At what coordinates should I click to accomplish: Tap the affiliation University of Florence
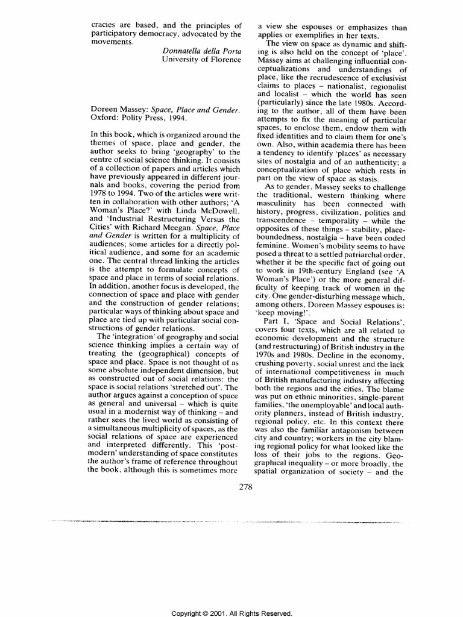click(x=202, y=61)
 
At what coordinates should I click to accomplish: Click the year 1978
click(x=100, y=187)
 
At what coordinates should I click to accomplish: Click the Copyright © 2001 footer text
click(x=231, y=613)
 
